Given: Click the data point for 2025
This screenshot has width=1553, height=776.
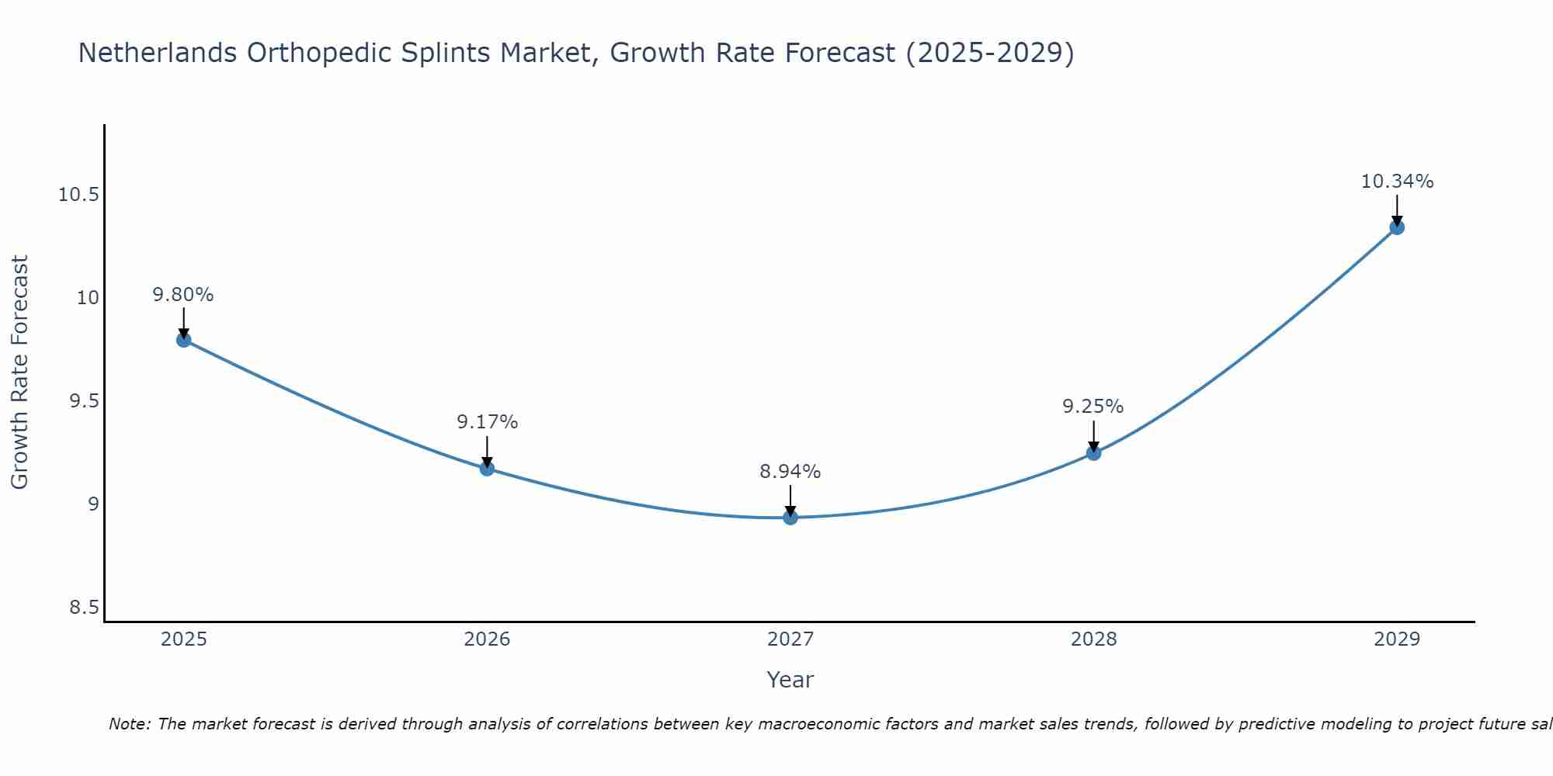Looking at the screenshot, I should (x=184, y=340).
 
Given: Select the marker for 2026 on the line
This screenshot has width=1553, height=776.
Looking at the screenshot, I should (x=487, y=469).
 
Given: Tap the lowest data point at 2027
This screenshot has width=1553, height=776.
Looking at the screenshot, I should (x=790, y=518).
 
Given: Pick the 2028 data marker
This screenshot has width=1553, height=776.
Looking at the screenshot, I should (x=1093, y=453).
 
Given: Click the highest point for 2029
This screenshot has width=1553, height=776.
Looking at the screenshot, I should (x=1397, y=227).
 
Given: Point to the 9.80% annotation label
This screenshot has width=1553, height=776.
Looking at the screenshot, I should (x=183, y=295).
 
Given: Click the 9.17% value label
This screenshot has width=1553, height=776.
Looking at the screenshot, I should (x=487, y=422).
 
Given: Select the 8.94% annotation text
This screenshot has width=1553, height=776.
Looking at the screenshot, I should (x=790, y=471).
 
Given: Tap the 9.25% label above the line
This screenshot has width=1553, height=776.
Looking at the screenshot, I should (x=1093, y=407).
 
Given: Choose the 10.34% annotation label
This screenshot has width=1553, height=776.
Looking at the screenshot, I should (x=1397, y=182).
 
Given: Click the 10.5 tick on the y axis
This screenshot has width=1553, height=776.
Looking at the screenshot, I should (x=78, y=195).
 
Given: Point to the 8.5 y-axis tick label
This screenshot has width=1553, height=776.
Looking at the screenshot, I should (x=85, y=608).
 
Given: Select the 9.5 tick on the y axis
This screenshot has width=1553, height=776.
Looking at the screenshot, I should (x=85, y=401).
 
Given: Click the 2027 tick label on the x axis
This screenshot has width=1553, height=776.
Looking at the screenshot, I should (x=790, y=639).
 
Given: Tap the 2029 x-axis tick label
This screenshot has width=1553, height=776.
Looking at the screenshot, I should (x=1397, y=639).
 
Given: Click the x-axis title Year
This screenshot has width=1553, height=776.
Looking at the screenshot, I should (x=790, y=680).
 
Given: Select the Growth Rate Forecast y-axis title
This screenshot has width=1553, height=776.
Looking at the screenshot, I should (x=19, y=372).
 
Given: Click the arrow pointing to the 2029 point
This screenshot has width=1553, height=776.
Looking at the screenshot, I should (x=1397, y=210).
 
